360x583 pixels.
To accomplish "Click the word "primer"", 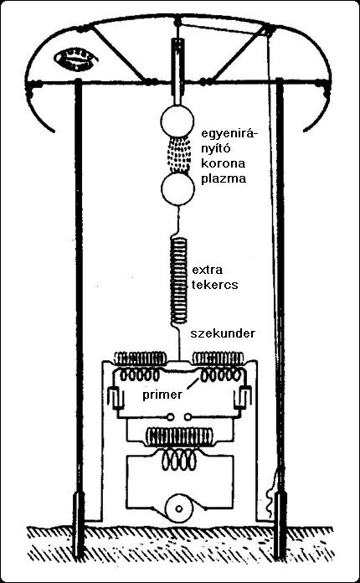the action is point(162,395).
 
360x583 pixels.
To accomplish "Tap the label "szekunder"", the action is point(223,333).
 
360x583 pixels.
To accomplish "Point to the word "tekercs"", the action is point(214,286).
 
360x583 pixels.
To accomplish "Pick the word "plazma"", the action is point(224,179).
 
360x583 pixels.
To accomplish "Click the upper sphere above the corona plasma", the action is point(177,121).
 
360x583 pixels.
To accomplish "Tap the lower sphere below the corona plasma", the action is point(177,188).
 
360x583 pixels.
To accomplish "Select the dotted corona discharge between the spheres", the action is point(178,156).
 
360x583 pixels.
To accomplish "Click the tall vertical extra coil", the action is point(178,281).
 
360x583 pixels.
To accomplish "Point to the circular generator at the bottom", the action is point(178,508).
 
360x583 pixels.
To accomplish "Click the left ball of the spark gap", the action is point(171,416).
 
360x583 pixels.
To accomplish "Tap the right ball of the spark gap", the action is point(188,416).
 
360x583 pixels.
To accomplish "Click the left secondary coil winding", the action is point(140,359).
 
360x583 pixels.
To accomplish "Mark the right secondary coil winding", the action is point(218,359).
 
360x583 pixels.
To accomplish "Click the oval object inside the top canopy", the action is point(76,59).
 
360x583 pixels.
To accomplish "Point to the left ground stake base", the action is point(78,524).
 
